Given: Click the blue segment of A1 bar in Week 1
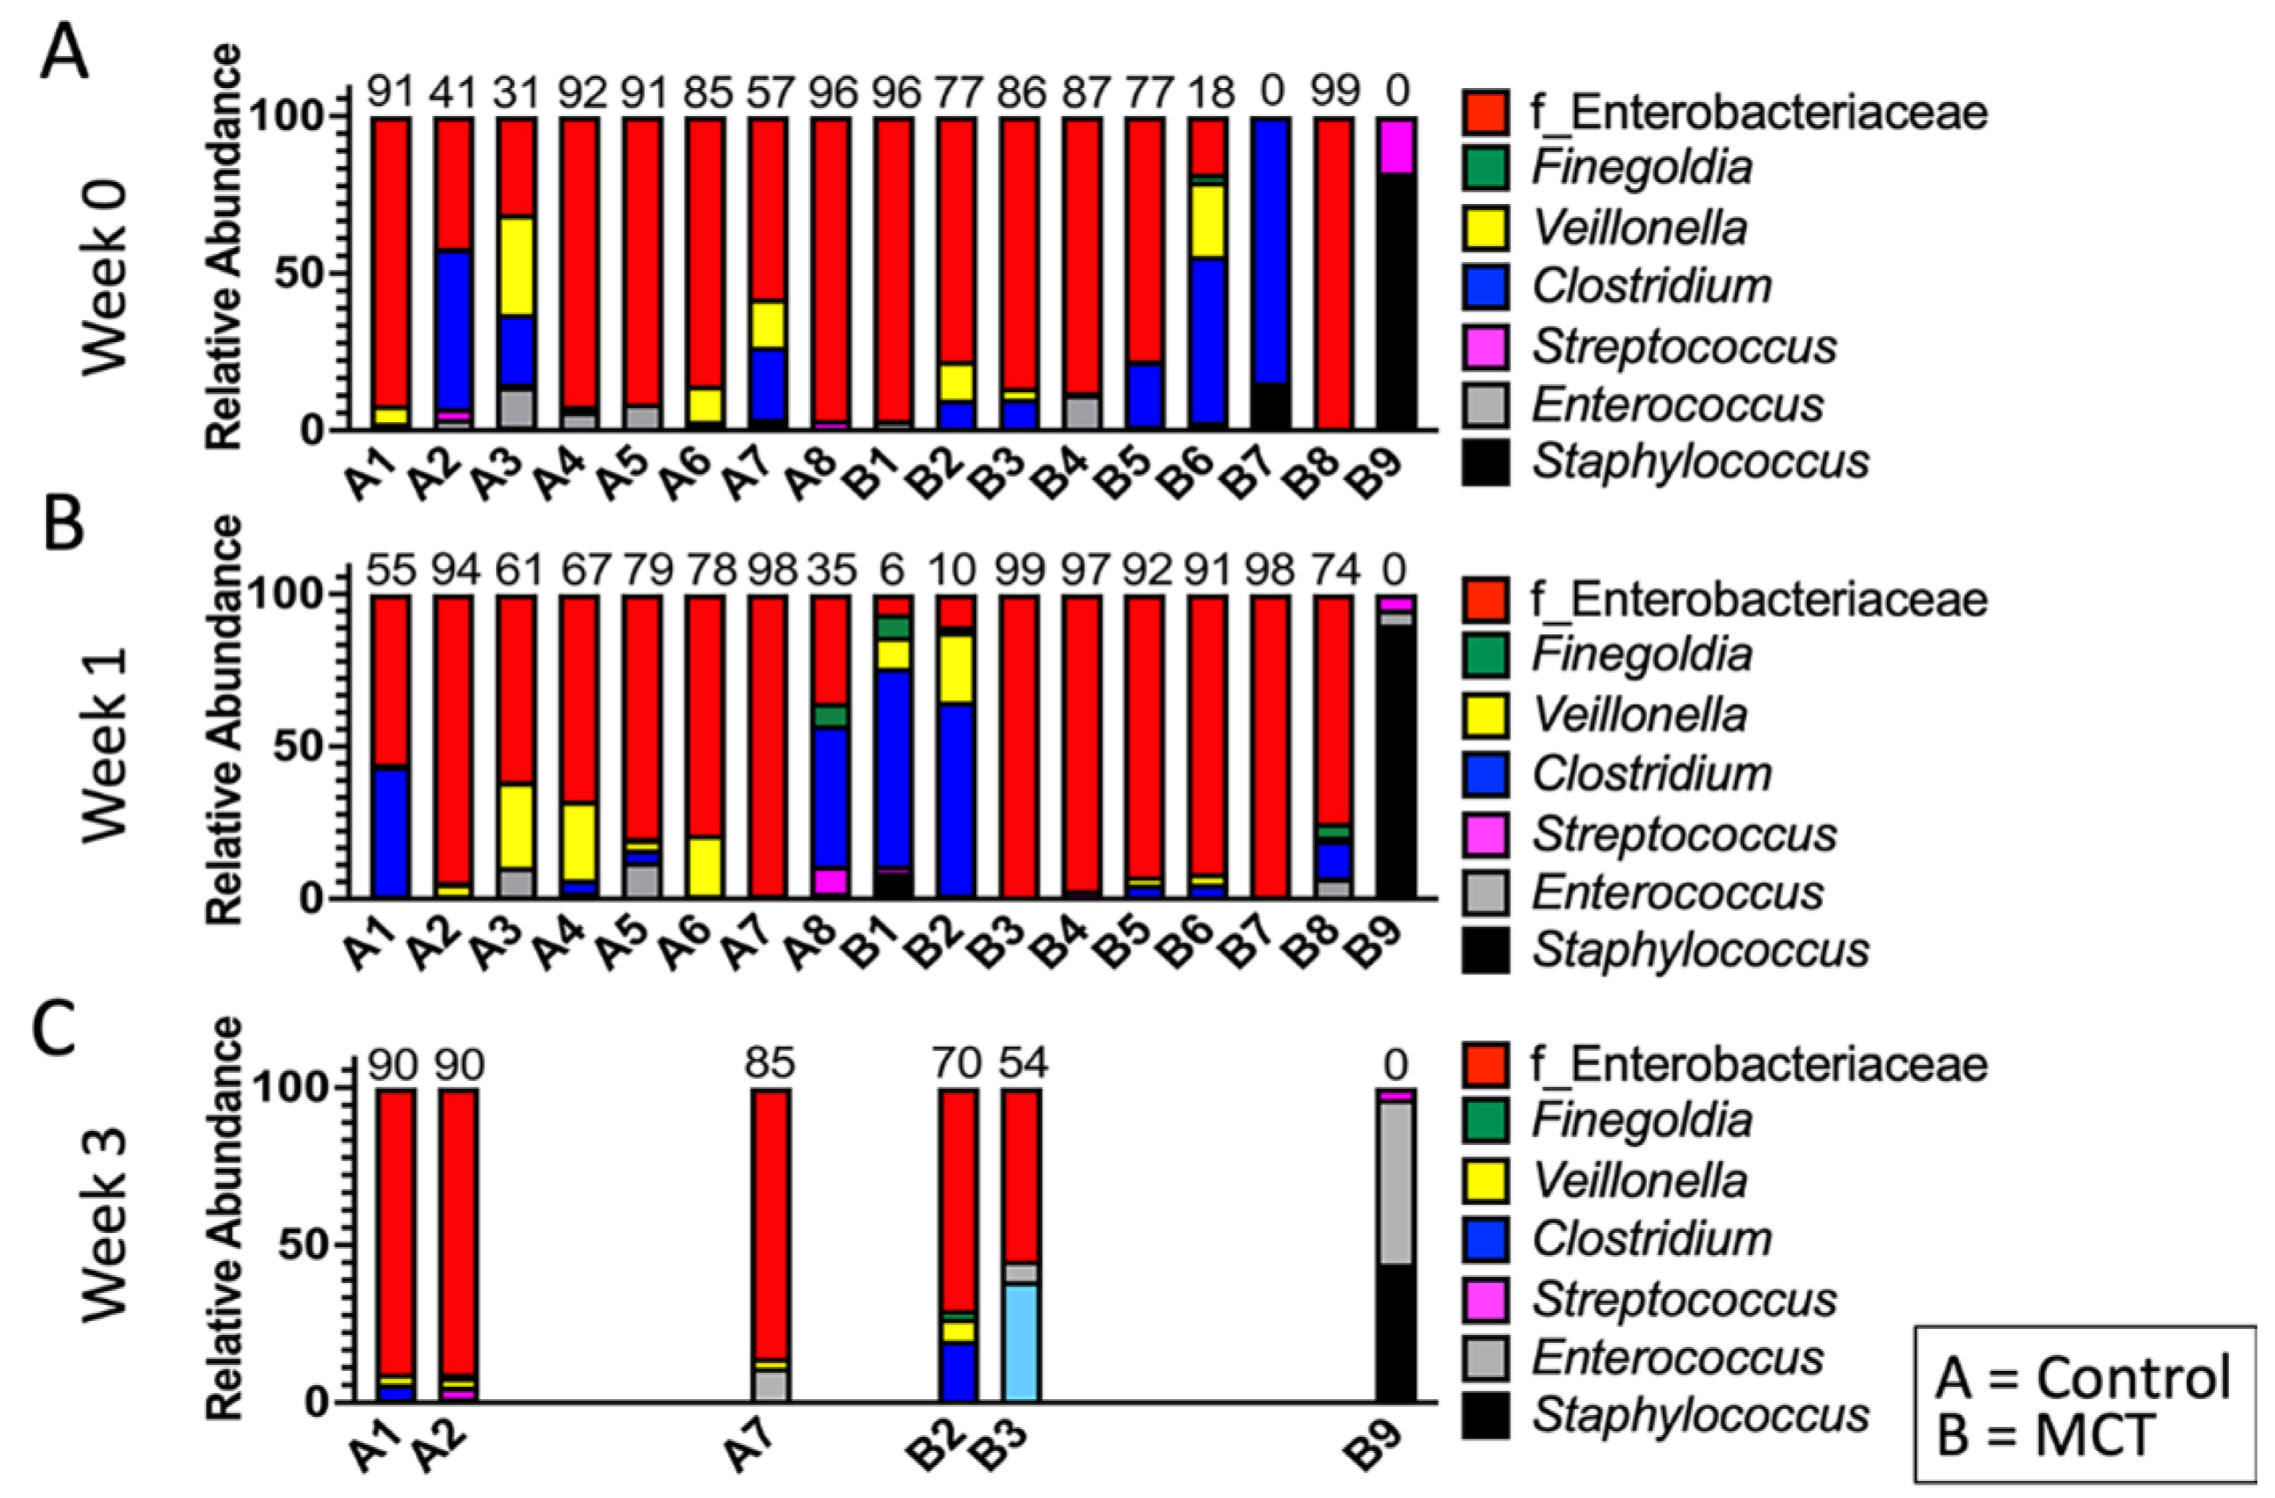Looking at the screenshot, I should [391, 832].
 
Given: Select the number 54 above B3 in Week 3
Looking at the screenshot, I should [1022, 1063].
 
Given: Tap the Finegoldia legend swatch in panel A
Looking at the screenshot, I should [1484, 167].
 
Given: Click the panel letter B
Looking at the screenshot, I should [63, 526].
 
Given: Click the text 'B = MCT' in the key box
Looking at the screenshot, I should [2045, 1435].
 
